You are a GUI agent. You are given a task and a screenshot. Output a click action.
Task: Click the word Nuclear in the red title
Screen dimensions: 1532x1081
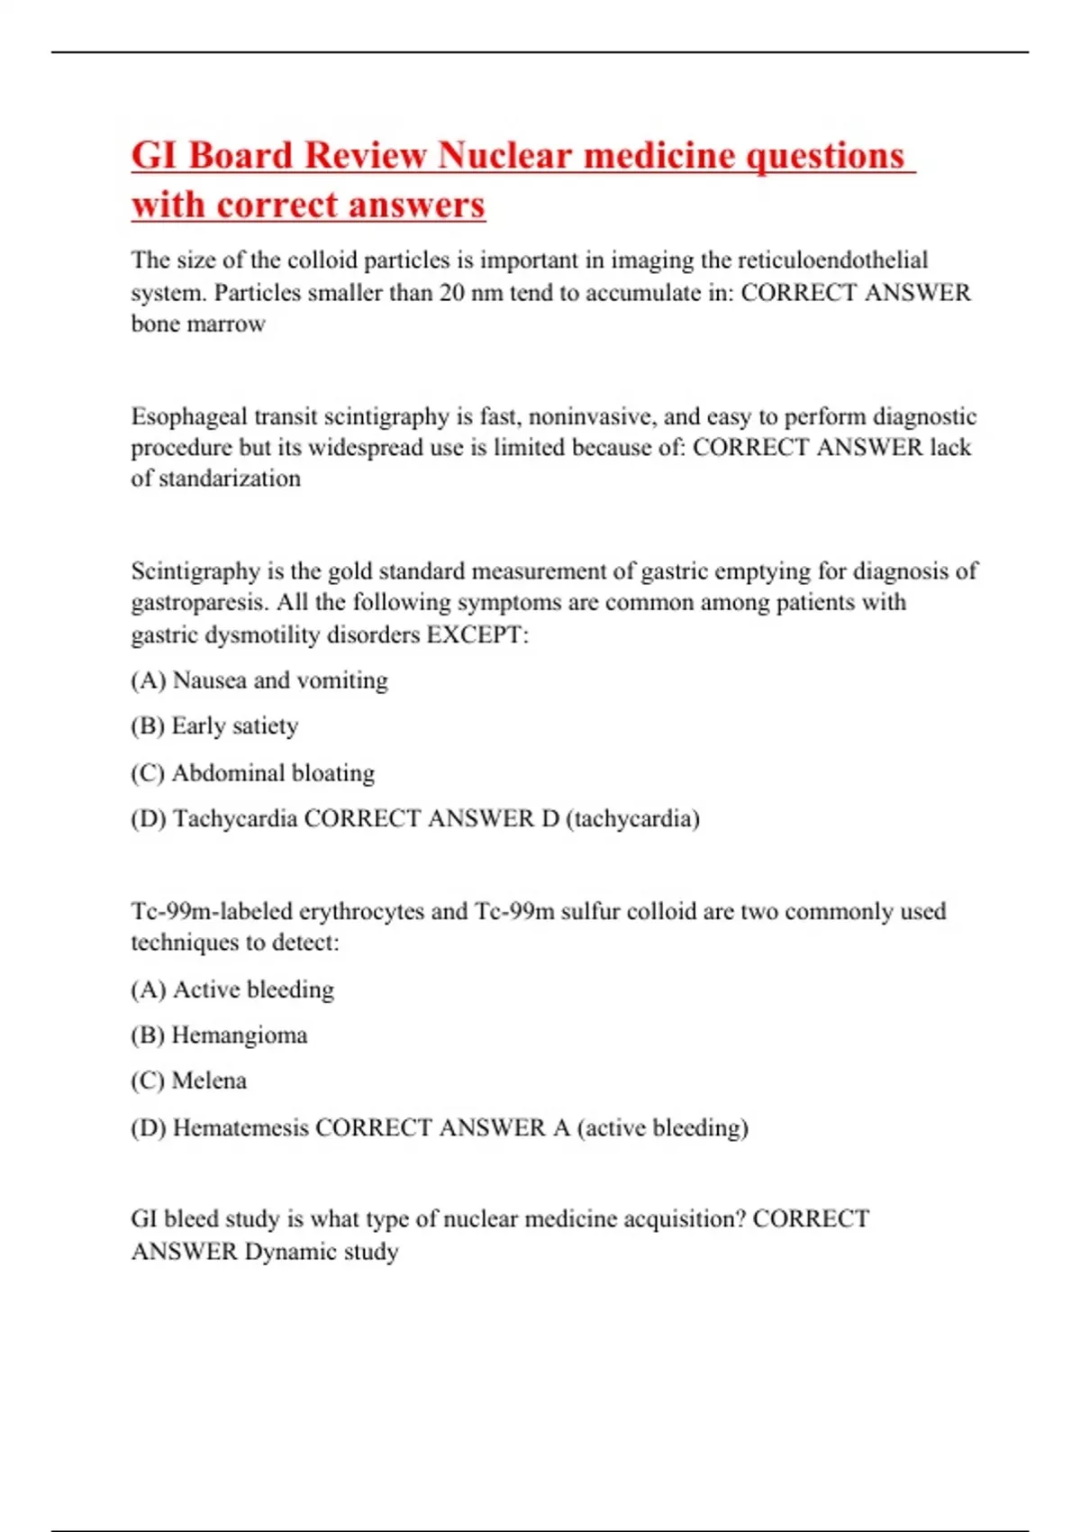click(x=504, y=155)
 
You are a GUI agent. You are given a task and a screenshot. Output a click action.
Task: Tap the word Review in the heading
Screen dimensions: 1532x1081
click(x=365, y=155)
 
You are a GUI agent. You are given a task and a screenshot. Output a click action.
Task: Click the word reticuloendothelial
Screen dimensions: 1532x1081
click(x=833, y=260)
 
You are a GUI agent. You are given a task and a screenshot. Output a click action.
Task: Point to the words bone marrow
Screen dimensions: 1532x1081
click(x=198, y=324)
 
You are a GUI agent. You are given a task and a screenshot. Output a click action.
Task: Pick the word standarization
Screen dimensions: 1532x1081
click(x=229, y=479)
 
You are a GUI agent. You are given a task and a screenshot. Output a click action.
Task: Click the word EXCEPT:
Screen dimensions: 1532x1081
click(x=477, y=634)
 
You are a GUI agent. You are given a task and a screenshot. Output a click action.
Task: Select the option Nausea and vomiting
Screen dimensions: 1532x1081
click(x=279, y=680)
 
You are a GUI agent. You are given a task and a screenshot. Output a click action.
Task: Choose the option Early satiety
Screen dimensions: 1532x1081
click(x=234, y=726)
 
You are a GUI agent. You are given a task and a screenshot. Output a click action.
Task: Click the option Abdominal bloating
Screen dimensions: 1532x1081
click(x=273, y=773)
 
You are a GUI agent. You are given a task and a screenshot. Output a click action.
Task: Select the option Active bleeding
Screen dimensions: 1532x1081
click(x=253, y=989)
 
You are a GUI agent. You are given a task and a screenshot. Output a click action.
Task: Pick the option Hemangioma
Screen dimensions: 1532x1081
click(x=239, y=1035)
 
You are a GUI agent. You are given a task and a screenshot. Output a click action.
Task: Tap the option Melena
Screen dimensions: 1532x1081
click(x=209, y=1081)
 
